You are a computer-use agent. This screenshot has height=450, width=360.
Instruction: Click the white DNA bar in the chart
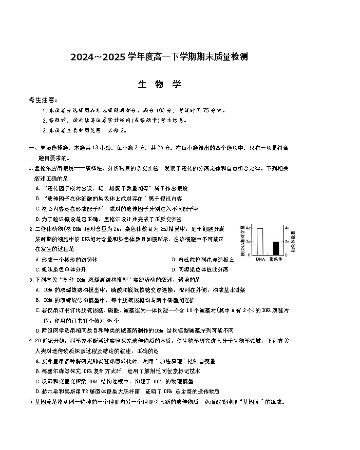[260, 241]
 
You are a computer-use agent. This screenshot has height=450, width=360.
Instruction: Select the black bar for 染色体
[276, 248]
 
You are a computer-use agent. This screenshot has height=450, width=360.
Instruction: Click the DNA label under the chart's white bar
[260, 260]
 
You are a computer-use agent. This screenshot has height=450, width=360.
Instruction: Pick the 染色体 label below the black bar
[276, 260]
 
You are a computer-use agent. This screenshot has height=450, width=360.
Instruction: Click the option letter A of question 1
[37, 188]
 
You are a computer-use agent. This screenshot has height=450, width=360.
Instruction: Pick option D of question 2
[174, 269]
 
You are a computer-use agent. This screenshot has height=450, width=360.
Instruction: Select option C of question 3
[37, 310]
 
